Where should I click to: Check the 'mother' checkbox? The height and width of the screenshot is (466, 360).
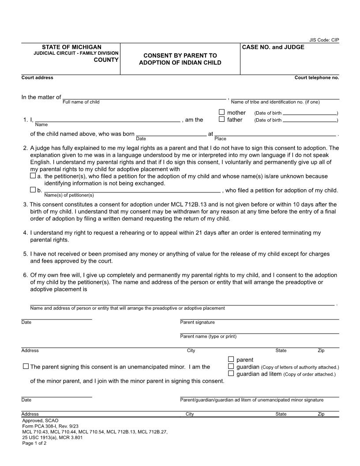tap(222, 113)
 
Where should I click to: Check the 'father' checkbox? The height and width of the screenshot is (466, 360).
tap(222, 120)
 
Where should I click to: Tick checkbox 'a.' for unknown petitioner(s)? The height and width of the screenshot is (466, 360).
tap(33, 176)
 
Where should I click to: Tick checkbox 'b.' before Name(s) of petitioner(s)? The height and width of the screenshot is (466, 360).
tap(33, 190)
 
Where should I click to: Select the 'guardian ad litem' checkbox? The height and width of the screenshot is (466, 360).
tap(231, 374)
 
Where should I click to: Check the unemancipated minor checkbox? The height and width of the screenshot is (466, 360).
tap(26, 366)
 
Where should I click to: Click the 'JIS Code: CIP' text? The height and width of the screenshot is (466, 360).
tap(324, 40)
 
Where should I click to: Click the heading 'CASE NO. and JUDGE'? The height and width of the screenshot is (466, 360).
tap(273, 47)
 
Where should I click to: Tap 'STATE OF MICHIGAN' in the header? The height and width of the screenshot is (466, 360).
tap(71, 47)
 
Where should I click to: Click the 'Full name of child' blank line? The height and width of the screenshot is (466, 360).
tap(144, 98)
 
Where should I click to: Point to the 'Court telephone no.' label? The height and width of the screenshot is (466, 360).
tap(317, 78)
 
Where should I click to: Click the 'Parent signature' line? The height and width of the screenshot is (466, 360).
tap(259, 318)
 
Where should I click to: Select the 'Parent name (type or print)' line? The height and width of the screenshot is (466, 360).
tap(259, 332)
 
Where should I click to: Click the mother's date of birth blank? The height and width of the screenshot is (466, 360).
tap(310, 114)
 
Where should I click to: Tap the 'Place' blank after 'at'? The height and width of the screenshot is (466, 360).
tap(275, 135)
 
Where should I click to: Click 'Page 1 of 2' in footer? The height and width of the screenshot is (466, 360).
tap(34, 443)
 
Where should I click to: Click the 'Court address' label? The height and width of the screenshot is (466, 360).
tap(37, 78)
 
